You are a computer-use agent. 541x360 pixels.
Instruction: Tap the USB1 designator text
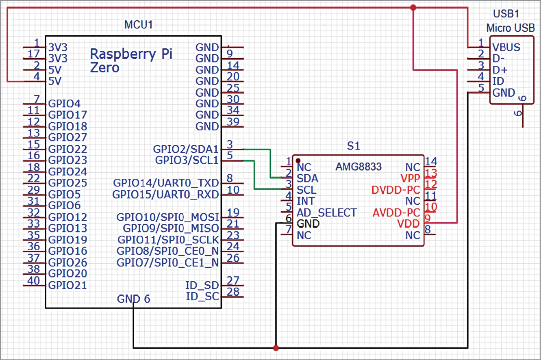(506, 14)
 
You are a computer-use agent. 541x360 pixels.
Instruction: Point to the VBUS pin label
(506, 47)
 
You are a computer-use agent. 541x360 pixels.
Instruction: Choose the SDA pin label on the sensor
(307, 178)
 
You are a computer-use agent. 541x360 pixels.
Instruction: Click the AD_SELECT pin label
(326, 213)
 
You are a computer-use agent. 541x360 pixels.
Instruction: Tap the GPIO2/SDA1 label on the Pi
(185, 149)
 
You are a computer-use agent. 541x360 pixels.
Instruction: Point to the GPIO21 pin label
(67, 285)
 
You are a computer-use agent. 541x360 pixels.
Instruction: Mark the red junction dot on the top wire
(413, 8)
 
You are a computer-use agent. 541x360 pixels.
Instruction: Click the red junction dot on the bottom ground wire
(276, 348)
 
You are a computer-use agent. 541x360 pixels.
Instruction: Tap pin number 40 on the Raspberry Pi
(35, 280)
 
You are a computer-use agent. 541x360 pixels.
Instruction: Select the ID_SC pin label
(202, 296)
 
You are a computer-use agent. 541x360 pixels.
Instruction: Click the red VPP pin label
(410, 178)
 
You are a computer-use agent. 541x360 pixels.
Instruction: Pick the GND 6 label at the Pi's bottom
(133, 299)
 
